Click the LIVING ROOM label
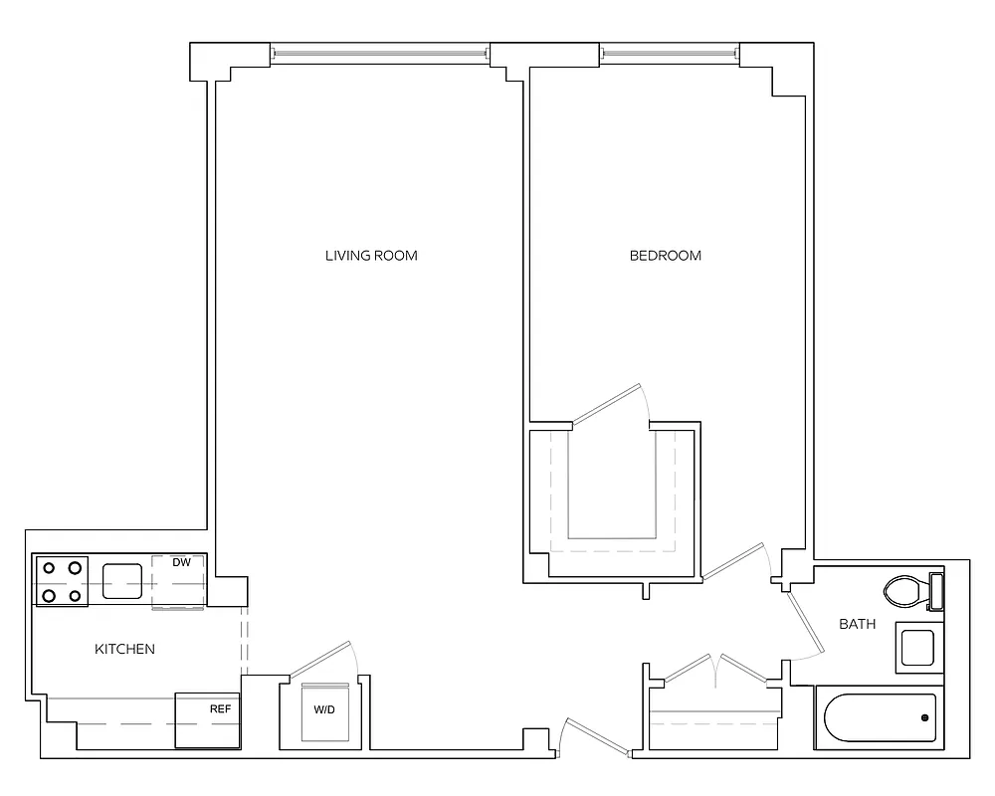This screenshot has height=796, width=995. pos(371,256)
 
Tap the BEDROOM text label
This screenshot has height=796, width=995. pos(666,256)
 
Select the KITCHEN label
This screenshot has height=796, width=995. pos(124,650)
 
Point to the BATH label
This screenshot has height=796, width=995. pos(857,625)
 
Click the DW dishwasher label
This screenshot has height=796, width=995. pos(181,563)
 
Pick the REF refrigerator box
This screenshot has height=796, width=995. pos(208,720)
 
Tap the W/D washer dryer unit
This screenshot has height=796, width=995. pos(325,713)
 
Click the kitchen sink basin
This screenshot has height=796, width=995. pos(121,581)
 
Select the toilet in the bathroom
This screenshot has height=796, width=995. pos(907,593)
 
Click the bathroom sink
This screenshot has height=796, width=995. pos(915,648)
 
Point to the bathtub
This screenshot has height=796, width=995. pos(877,718)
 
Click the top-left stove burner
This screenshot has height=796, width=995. pos(48,568)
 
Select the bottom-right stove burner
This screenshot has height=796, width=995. pos(75,595)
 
